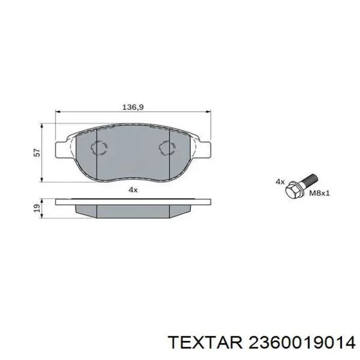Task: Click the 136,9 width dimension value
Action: point(132,107)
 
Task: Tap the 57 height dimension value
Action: point(35,152)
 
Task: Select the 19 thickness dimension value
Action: point(35,208)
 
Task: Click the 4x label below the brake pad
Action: point(133,190)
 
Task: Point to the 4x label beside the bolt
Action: point(280,182)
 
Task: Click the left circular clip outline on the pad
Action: point(98,148)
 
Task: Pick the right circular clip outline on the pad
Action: point(167,148)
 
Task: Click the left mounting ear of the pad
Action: point(61,146)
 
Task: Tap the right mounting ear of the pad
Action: point(204,146)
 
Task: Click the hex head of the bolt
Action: point(292,189)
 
